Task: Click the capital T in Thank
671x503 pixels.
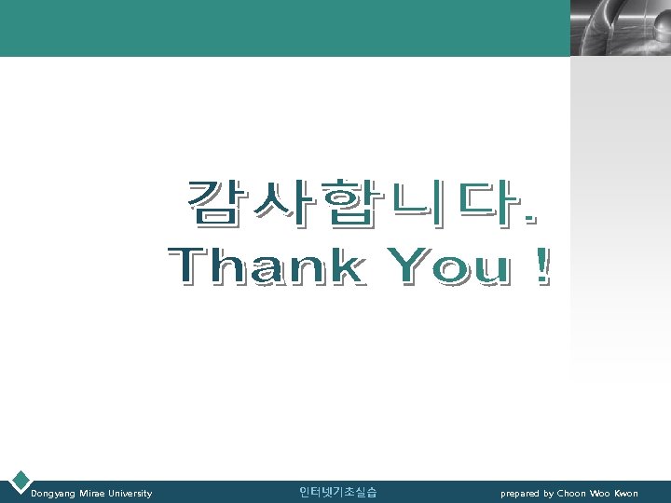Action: click(189, 267)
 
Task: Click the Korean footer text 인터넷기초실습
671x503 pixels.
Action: click(337, 492)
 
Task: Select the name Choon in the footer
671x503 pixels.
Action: click(571, 493)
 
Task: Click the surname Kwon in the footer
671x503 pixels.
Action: click(625, 493)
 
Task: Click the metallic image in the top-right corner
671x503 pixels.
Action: click(619, 28)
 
